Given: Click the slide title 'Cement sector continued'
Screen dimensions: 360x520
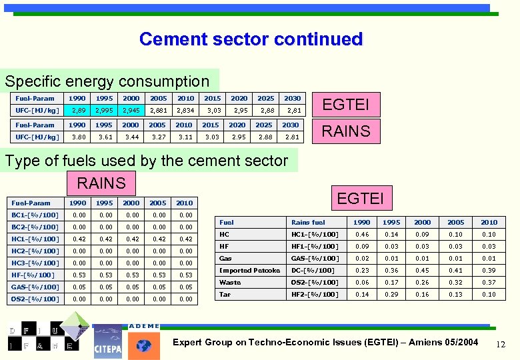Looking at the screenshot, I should [x=251, y=39].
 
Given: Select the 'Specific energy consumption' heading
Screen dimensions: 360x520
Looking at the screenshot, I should [x=107, y=81].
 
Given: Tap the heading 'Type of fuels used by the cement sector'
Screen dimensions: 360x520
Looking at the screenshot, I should [x=146, y=161].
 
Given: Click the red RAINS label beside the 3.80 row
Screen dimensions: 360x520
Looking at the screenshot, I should [x=345, y=131].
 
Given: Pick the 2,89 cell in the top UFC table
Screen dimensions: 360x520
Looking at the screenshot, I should [x=78, y=110].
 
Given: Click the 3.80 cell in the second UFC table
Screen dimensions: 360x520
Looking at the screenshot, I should [x=78, y=137].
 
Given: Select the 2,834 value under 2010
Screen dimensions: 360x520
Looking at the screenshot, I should [x=185, y=110].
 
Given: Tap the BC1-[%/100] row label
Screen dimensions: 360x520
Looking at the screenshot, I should [x=35, y=215].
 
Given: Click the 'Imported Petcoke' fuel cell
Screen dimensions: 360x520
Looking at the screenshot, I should [x=249, y=270].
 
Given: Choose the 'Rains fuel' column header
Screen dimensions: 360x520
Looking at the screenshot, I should [x=308, y=222].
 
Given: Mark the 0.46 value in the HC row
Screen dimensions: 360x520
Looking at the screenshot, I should [x=362, y=234].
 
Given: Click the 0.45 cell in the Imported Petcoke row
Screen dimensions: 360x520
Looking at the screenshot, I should [x=422, y=270].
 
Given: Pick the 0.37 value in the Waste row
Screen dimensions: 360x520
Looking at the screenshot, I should [x=489, y=282].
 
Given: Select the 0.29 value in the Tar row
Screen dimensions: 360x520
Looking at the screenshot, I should [x=392, y=294].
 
